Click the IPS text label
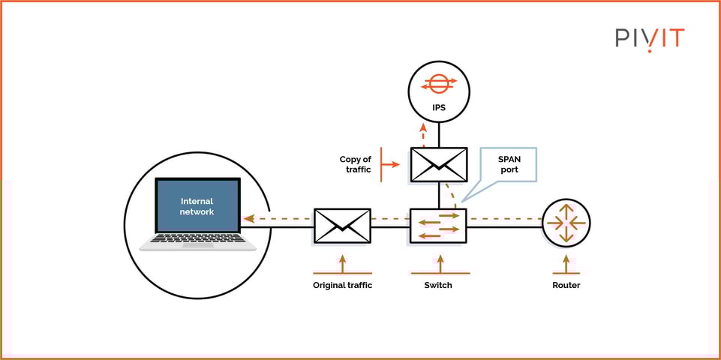tap(439, 108)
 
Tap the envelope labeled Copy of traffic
tap(439, 164)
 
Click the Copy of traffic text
tap(355, 164)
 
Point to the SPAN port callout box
tap(509, 164)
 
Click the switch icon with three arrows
tap(439, 226)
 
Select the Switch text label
tap(439, 285)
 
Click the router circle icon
tap(566, 222)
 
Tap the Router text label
tap(566, 285)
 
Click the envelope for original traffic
tap(342, 226)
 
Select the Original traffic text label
tap(342, 285)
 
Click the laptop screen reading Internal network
tap(197, 206)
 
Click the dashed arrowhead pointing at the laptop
tap(248, 220)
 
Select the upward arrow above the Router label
tap(566, 265)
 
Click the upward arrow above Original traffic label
tap(343, 264)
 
